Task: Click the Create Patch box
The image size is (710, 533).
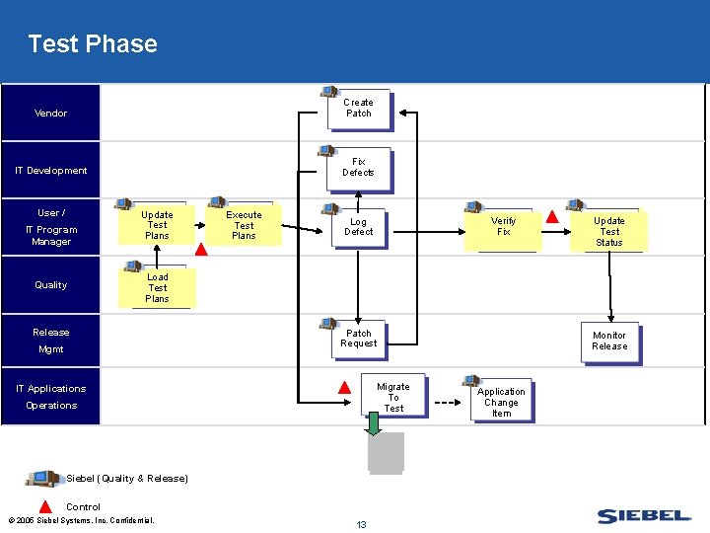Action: click(x=359, y=109)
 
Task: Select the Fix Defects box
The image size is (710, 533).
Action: click(x=359, y=168)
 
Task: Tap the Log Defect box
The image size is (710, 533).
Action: click(x=359, y=227)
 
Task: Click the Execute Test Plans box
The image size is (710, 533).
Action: click(x=244, y=225)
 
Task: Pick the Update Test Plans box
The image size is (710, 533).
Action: click(x=157, y=225)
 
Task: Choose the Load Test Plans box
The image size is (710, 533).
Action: click(x=157, y=288)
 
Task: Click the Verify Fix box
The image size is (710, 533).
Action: click(x=503, y=227)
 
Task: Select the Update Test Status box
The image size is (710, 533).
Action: click(x=609, y=232)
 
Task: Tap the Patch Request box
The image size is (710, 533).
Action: click(x=359, y=339)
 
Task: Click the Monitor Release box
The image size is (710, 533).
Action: click(x=609, y=342)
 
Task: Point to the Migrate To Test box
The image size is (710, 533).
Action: click(x=393, y=398)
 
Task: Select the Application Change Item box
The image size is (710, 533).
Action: click(x=501, y=403)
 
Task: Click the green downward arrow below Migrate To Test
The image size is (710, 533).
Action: click(x=374, y=422)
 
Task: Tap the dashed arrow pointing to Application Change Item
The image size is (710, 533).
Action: click(x=448, y=403)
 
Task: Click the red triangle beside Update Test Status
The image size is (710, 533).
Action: click(x=552, y=217)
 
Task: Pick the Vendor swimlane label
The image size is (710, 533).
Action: click(x=51, y=114)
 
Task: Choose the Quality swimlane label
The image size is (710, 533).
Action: click(x=51, y=285)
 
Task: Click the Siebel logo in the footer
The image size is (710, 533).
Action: click(x=645, y=516)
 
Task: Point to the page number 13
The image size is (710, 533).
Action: click(x=361, y=524)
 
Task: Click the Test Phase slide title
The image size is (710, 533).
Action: click(x=93, y=44)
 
